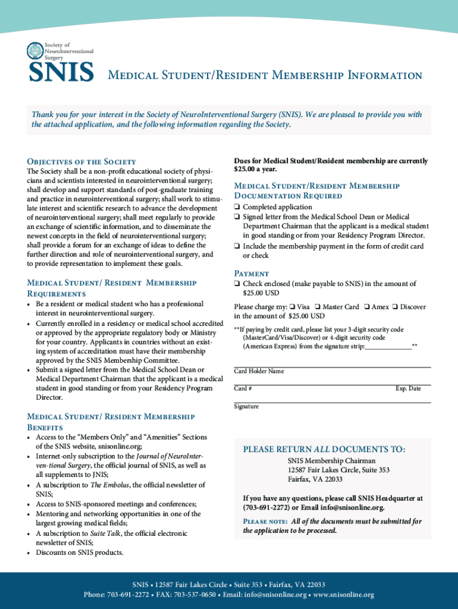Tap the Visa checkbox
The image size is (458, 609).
tap(293, 307)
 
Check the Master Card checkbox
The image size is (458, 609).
tap(318, 307)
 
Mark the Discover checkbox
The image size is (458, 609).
tap(395, 307)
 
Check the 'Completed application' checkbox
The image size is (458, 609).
tap(237, 208)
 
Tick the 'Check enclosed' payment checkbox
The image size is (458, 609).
tap(237, 284)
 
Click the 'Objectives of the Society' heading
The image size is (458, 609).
tap(82, 162)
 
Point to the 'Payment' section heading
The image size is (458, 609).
tap(252, 273)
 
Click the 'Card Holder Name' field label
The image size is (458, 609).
tap(259, 372)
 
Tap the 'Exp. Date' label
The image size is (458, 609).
tap(408, 389)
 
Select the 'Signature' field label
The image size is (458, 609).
tap(246, 407)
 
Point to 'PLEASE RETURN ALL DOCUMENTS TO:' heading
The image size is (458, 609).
tap(324, 449)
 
